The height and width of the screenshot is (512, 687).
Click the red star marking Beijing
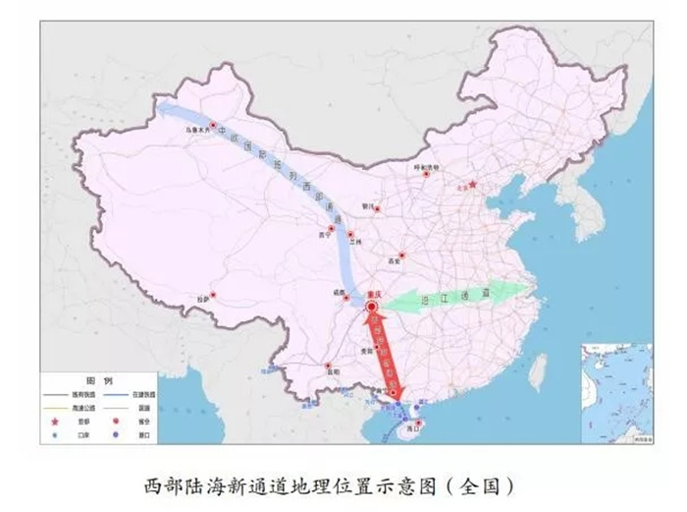pos(472,184)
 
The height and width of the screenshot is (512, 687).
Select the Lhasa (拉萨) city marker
pos(212,293)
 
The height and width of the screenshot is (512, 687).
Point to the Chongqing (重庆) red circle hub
pos(372,308)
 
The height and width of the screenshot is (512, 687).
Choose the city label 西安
pos(396,261)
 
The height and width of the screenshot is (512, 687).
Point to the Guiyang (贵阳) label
pos(366,349)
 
